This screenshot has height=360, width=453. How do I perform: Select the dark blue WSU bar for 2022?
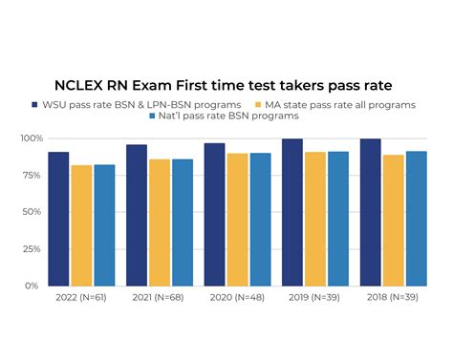(58, 219)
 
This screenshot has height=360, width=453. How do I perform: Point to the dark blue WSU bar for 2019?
(292, 212)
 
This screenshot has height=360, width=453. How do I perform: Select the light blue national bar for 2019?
(338, 219)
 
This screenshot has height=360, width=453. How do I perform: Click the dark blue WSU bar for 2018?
(371, 212)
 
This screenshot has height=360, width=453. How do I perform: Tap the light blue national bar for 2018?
(417, 219)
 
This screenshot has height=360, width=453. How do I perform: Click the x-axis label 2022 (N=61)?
(81, 299)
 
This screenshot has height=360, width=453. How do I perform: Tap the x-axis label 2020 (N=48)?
(237, 299)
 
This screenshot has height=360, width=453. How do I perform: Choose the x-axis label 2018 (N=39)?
(394, 299)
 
